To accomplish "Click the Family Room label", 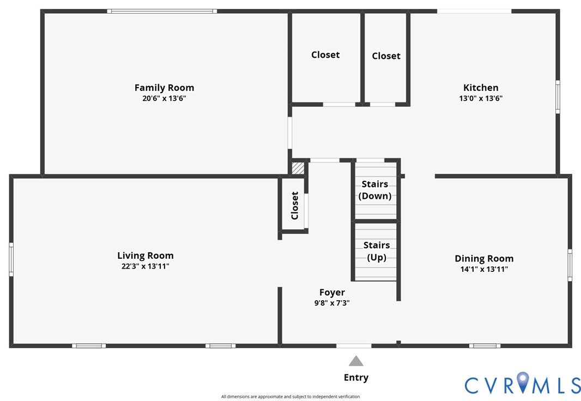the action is coord(164,88).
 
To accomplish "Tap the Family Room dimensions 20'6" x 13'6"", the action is coord(164,98).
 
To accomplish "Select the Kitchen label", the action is coord(481,88).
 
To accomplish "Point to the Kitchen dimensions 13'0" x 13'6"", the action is coord(481,98).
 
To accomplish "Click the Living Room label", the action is coord(145,256).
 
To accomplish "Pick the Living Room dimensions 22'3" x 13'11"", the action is coord(145,266).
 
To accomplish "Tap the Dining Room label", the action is coord(484,259).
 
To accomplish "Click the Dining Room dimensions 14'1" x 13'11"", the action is coord(484,269).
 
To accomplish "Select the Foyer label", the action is coord(332,293).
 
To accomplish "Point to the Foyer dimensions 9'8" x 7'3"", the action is coord(332,303).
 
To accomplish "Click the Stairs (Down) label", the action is coord(375,190).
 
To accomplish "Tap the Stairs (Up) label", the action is coord(377,251).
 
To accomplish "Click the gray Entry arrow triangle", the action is coord(356,361).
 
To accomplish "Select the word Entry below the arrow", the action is coord(356,378).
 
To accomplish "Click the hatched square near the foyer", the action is coord(298,168).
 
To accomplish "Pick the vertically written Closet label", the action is coord(294,205).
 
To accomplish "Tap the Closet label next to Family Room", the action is coord(325,55).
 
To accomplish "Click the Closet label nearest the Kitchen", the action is coord(386,56).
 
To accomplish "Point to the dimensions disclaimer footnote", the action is coord(290,397).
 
